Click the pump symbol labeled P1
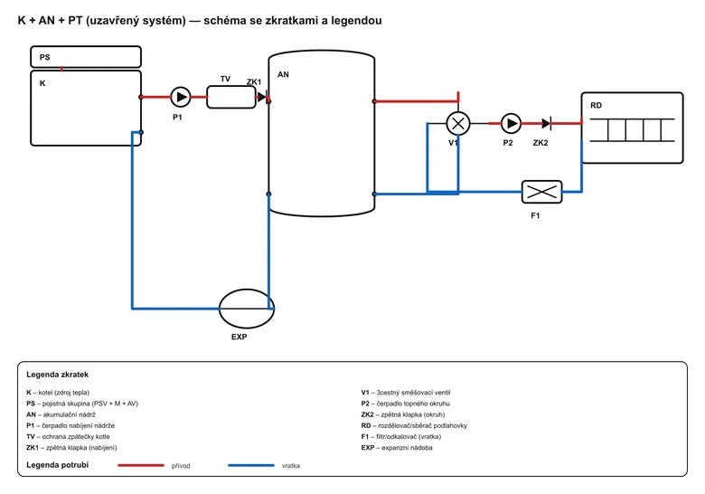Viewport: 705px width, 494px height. pyautogui.click(x=180, y=97)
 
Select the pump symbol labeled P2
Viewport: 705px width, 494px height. pyautogui.click(x=511, y=123)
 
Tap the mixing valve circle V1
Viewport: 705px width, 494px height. pyautogui.click(x=458, y=123)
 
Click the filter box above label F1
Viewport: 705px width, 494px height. pyautogui.click(x=541, y=192)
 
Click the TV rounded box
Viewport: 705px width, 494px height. pyautogui.click(x=231, y=97)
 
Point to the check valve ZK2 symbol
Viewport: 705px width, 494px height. pyautogui.click(x=546, y=123)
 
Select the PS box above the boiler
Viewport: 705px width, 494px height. pyautogui.click(x=86, y=57)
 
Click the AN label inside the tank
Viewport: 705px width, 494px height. pyautogui.click(x=283, y=75)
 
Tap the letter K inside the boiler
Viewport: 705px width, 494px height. pyautogui.click(x=42, y=83)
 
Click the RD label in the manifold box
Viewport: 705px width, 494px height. pyautogui.click(x=596, y=105)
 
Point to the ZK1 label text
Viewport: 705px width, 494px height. pyautogui.click(x=254, y=82)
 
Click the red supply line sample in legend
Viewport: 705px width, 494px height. pyautogui.click(x=141, y=465)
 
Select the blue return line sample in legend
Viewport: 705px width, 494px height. pyautogui.click(x=251, y=465)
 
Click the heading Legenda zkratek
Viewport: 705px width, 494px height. pyautogui.click(x=57, y=375)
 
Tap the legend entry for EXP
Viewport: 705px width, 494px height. pyautogui.click(x=397, y=448)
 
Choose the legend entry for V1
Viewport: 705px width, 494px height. pyautogui.click(x=406, y=393)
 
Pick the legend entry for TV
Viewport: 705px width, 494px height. pyautogui.click(x=68, y=436)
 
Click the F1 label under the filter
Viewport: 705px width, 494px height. pyautogui.click(x=535, y=216)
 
